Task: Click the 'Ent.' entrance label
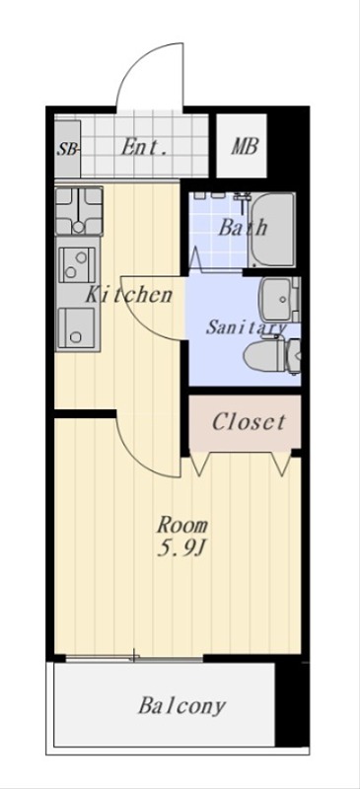[x=144, y=147]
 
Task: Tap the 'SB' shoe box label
[x=67, y=149]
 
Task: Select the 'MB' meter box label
[x=245, y=146]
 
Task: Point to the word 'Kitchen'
[x=128, y=294]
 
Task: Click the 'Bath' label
[x=242, y=228]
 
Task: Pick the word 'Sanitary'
[x=247, y=327]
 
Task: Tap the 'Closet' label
[x=249, y=422]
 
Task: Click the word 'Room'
[x=181, y=526]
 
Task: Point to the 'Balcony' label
[x=181, y=706]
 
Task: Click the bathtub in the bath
[x=272, y=230]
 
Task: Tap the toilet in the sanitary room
[x=272, y=355]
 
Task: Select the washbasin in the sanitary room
[x=279, y=299]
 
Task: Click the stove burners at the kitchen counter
[x=79, y=211]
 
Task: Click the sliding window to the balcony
[x=134, y=657]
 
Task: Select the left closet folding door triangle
[x=200, y=465]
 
